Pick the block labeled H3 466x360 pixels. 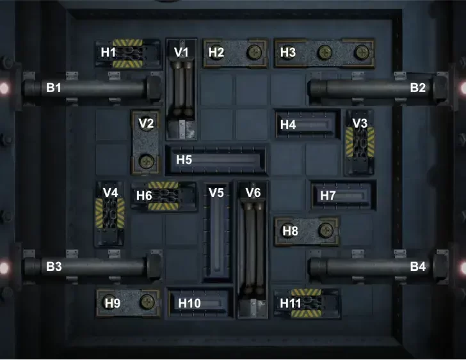click(x=325, y=53)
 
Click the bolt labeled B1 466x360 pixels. click(x=90, y=88)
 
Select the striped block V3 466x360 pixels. click(x=359, y=143)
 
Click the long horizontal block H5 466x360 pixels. click(x=216, y=160)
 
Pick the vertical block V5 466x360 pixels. click(x=217, y=233)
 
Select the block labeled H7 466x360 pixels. click(x=342, y=196)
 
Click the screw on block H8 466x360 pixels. click(x=325, y=230)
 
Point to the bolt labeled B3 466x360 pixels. click(x=90, y=266)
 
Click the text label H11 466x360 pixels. click(x=291, y=302)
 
